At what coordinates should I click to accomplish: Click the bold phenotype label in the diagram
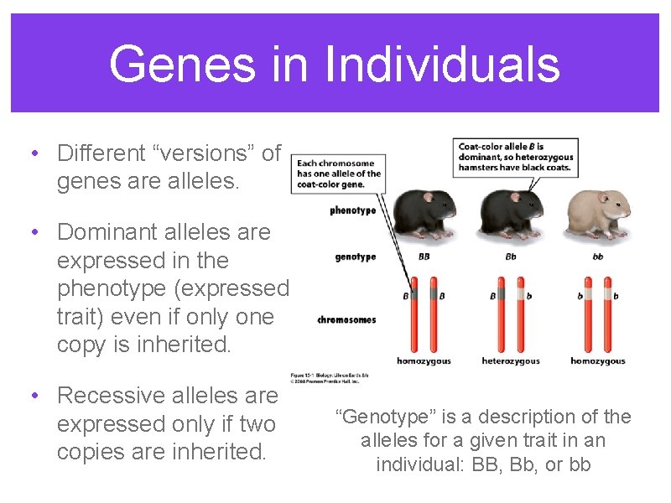coord(352,210)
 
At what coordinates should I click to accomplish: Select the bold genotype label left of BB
coord(356,257)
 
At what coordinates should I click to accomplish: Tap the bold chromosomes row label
coord(346,319)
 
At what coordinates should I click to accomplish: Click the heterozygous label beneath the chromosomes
coord(510,361)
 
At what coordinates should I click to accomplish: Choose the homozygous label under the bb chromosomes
coord(597,361)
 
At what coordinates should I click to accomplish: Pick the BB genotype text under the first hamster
coord(424,257)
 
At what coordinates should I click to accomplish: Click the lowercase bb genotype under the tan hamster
coord(597,257)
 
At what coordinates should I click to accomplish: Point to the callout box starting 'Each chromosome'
coord(339,174)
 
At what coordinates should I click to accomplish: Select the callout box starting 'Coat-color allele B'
coord(515,157)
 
